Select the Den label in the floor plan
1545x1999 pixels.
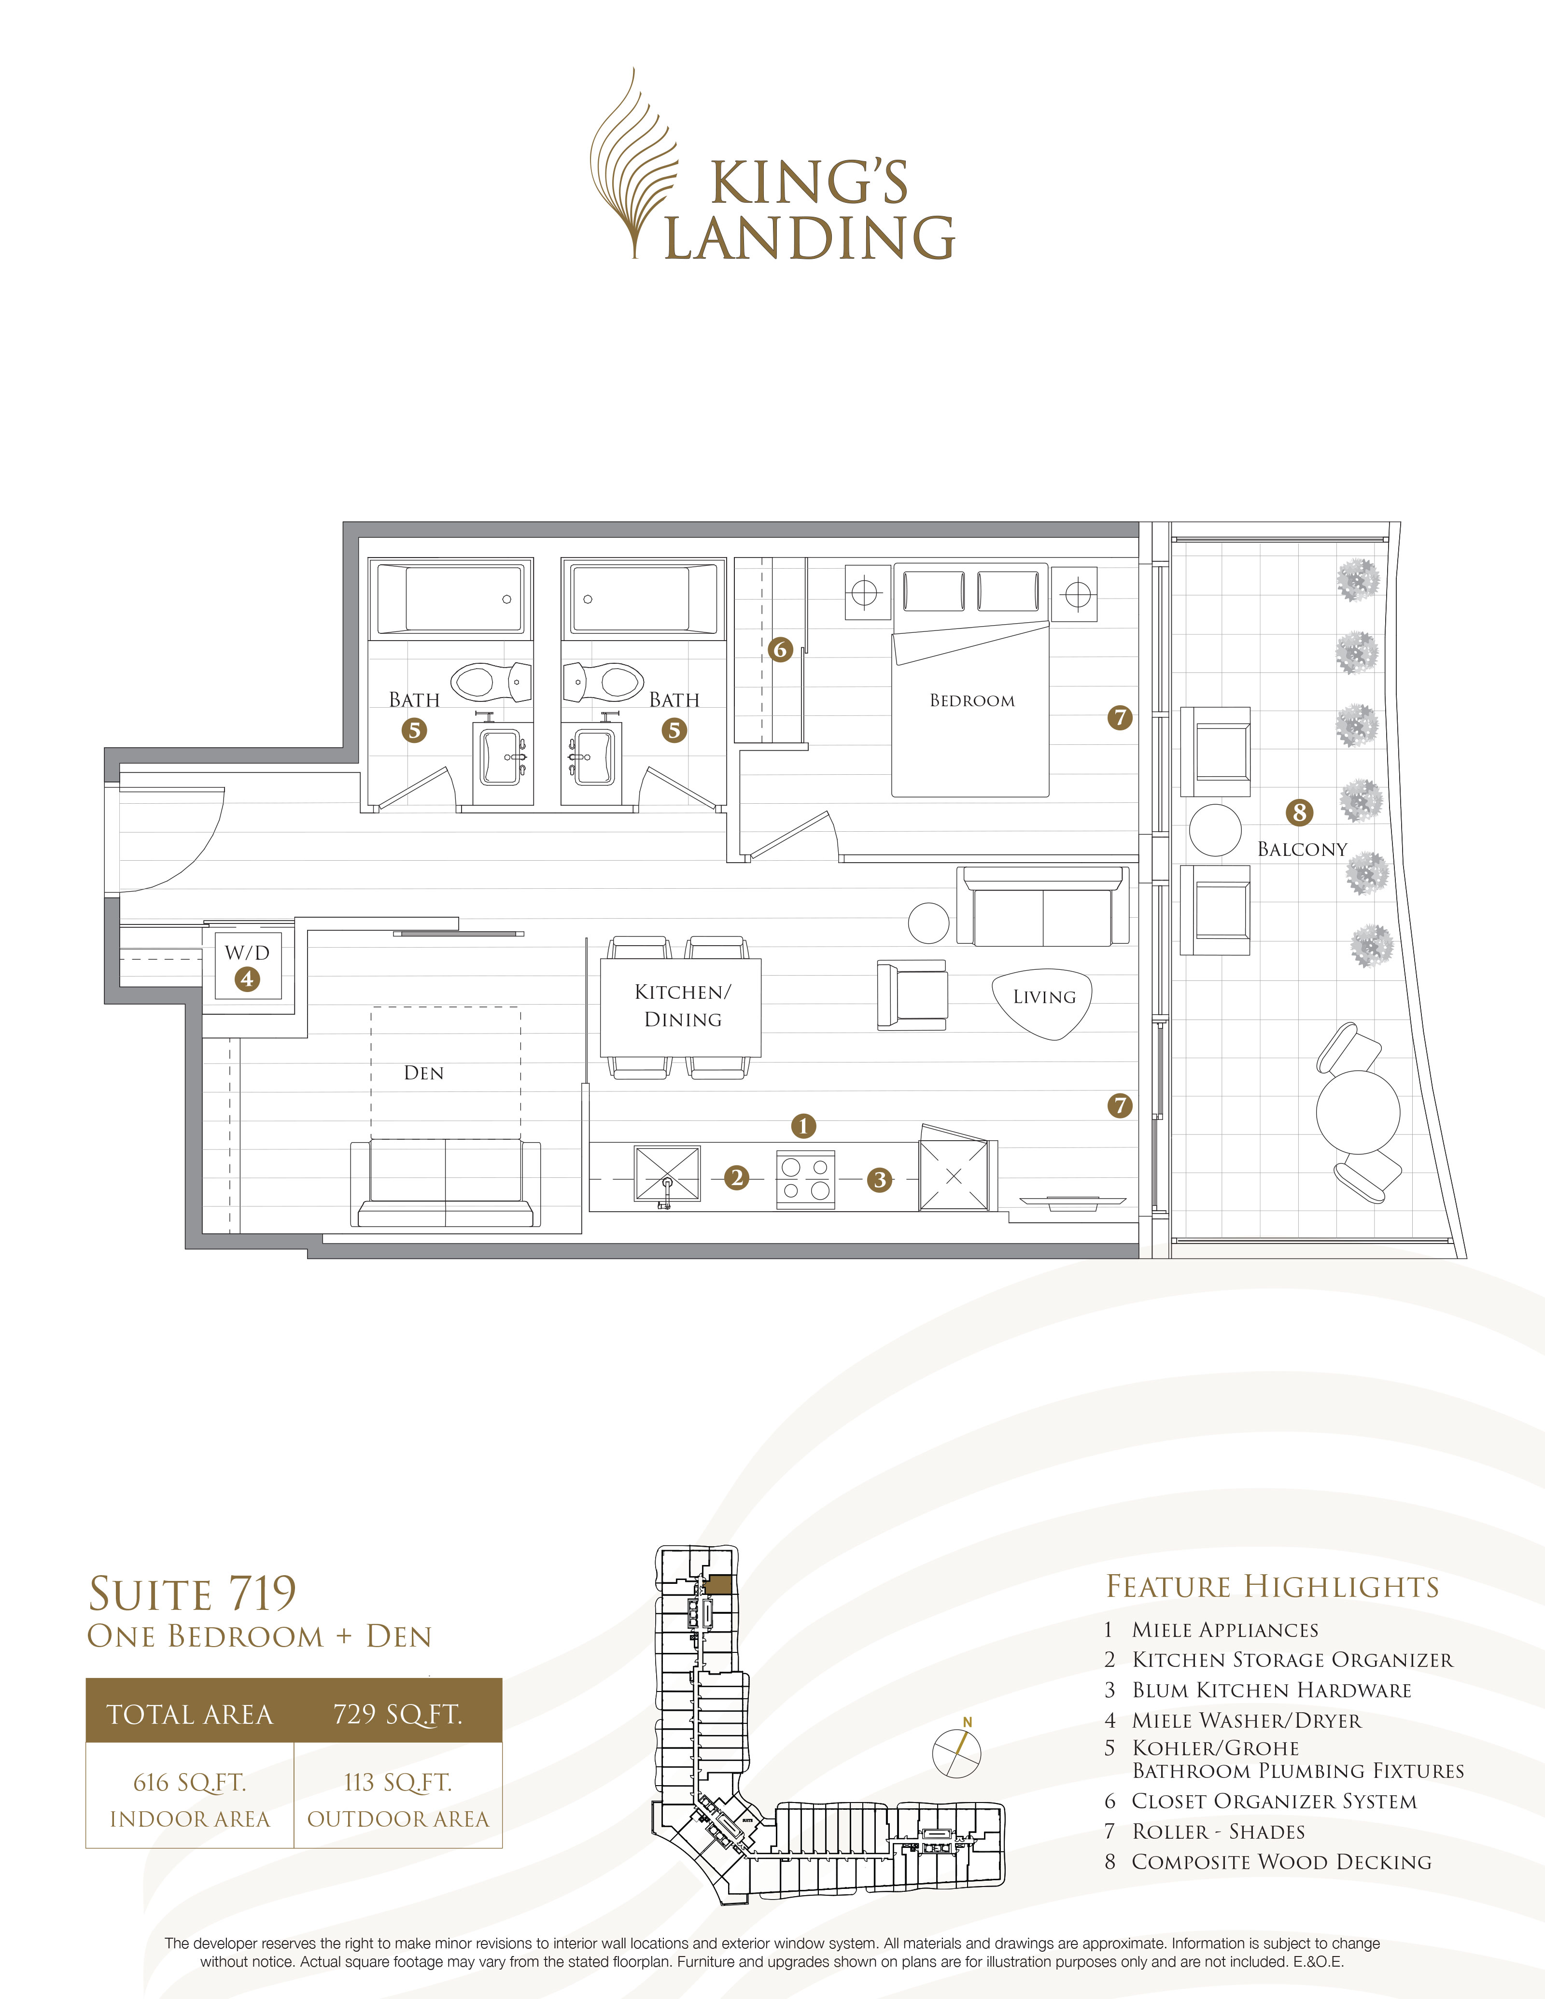424,1073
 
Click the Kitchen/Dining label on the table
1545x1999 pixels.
683,1005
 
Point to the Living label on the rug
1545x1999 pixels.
1043,997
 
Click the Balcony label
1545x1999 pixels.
1302,850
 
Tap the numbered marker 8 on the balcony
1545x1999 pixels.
1299,812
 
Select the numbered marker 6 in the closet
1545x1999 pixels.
780,650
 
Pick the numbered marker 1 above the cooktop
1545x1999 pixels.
803,1126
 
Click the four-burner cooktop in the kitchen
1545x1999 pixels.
805,1179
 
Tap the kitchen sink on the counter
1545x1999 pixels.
667,1174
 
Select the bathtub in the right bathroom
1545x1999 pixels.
644,599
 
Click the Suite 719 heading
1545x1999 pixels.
192,1594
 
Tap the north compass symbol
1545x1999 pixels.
956,1752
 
